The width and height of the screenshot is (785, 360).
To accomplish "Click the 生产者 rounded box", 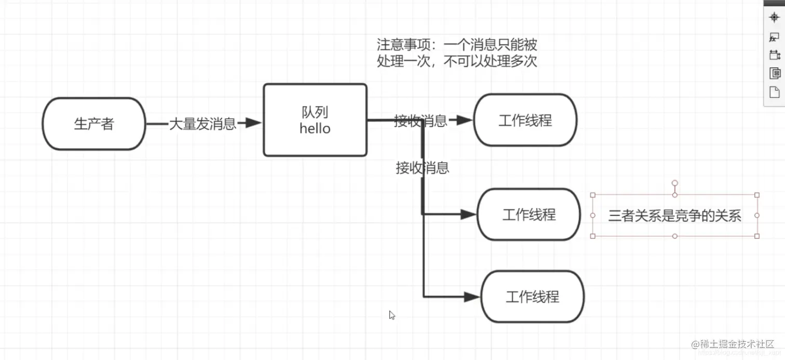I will tap(94, 124).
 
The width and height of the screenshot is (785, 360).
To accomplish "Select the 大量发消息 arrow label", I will tap(202, 124).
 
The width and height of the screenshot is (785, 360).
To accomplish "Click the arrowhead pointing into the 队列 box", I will tap(252, 123).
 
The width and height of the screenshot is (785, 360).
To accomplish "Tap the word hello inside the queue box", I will tap(315, 128).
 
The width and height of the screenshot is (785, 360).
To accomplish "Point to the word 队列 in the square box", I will tap(315, 112).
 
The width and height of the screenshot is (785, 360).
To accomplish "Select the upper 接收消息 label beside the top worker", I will tap(420, 121).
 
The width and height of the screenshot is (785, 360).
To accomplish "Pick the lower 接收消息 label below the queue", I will tap(422, 168).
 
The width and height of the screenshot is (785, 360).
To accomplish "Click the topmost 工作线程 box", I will tap(525, 121).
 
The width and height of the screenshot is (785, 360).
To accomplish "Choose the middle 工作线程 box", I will tap(529, 215).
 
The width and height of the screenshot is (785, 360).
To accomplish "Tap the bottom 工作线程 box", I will tap(532, 297).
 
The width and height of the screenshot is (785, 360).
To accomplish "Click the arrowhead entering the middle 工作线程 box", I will tap(469, 214).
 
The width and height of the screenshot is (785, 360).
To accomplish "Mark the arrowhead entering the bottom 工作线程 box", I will tap(471, 297).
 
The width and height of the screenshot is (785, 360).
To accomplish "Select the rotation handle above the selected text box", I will tap(674, 183).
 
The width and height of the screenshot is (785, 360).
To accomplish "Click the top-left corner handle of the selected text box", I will tap(593, 195).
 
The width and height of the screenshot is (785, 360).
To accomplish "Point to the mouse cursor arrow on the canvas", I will tap(392, 315).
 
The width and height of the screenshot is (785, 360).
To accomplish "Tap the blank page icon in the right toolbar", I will tap(775, 92).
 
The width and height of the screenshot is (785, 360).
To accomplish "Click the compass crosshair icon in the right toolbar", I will tap(775, 17).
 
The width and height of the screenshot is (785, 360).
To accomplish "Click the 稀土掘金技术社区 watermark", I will tap(737, 344).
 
